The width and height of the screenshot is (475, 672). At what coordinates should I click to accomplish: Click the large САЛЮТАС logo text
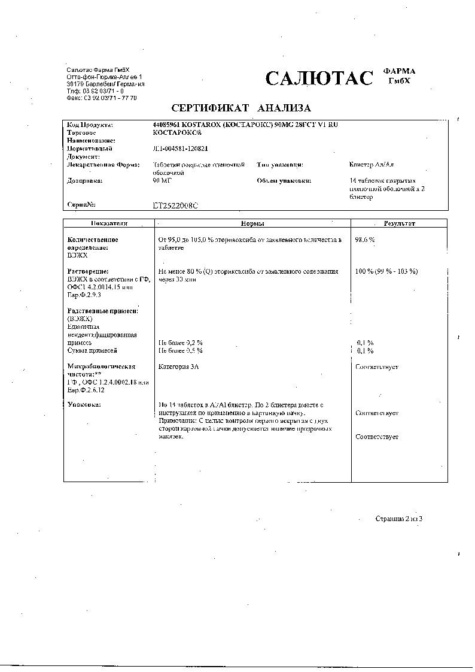tap(319, 78)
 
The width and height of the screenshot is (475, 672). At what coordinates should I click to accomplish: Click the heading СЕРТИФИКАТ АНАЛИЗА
tap(241, 108)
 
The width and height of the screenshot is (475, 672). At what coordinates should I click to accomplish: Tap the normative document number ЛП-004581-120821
tap(181, 149)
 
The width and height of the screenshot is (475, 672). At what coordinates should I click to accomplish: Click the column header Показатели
tap(109, 223)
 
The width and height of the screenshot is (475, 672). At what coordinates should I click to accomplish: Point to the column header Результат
tap(399, 223)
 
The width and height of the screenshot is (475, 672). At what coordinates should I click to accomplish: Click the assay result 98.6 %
tap(366, 240)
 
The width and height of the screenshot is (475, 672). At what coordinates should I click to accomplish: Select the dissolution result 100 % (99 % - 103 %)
tap(386, 271)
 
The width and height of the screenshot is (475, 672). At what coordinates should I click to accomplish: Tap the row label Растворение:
tap(88, 271)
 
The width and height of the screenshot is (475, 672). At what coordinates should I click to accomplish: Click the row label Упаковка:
tap(84, 405)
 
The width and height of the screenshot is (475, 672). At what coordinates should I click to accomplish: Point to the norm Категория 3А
tap(178, 366)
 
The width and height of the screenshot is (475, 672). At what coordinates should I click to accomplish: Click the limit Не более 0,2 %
tap(180, 342)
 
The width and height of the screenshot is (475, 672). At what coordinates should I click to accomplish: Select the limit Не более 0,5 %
tap(180, 350)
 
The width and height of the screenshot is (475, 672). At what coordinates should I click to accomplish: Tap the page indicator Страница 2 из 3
tap(399, 518)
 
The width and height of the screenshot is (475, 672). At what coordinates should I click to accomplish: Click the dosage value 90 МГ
tap(162, 180)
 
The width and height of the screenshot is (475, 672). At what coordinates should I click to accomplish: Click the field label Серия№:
tap(82, 205)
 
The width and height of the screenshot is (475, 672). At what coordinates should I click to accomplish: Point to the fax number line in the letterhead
tap(102, 98)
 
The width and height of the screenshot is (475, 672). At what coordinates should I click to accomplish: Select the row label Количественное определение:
tap(93, 243)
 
